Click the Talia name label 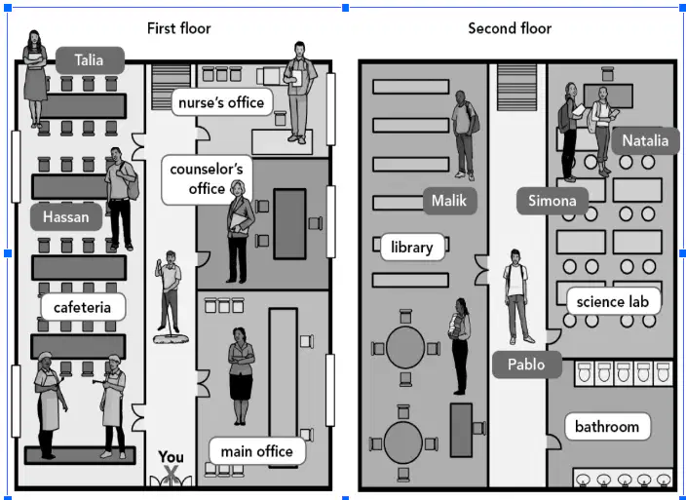(90, 60)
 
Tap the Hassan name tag (66, 216)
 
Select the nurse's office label (222, 102)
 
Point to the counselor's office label (206, 179)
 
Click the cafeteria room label (83, 307)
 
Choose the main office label (257, 451)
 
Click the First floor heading (179, 28)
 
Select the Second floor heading (510, 28)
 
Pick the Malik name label (449, 201)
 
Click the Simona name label (553, 201)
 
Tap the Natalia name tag (645, 141)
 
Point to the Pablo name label (527, 365)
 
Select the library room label (412, 248)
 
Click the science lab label (613, 301)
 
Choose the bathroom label (607, 427)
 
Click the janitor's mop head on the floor (171, 338)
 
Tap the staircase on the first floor (171, 87)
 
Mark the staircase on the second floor (516, 87)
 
